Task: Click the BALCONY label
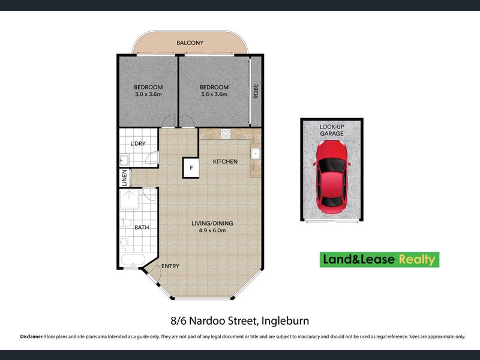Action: [x=190, y=43]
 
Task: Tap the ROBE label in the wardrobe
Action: [x=256, y=91]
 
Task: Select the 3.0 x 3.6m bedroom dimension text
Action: [x=148, y=94]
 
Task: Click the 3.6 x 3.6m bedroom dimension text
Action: [x=214, y=94]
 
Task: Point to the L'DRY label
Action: [x=138, y=143]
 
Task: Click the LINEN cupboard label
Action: [x=125, y=178]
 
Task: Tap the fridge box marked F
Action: [x=191, y=168]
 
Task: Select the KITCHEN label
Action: [x=225, y=161]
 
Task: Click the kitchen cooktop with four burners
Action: [x=226, y=134]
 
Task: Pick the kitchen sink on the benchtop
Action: [x=256, y=154]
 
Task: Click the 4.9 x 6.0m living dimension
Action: [x=212, y=230]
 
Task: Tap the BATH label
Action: [x=142, y=227]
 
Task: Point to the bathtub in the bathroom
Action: [x=133, y=260]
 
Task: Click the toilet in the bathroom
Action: [x=126, y=223]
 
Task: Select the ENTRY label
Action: [x=170, y=266]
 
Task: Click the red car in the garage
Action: [x=332, y=177]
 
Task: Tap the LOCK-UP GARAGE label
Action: [x=332, y=130]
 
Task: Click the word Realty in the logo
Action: [x=416, y=260]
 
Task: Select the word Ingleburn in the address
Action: [x=286, y=321]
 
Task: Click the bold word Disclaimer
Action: [x=32, y=337]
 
